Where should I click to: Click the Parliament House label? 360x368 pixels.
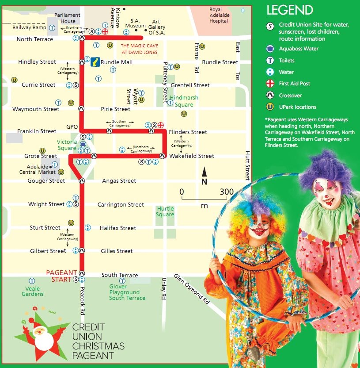pyautogui.click(x=68, y=18)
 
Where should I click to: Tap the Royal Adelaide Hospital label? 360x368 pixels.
pyautogui.click(x=221, y=15)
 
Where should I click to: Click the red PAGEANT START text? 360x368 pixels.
pyautogui.click(x=62, y=276)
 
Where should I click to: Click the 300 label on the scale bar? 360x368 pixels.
pyautogui.click(x=227, y=192)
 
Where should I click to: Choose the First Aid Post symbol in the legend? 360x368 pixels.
pyautogui.click(x=270, y=83)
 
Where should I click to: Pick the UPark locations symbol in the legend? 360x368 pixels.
pyautogui.click(x=270, y=107)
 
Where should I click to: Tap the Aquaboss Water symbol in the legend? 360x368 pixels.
pyautogui.click(x=270, y=49)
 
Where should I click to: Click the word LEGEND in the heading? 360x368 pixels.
pyautogui.click(x=289, y=10)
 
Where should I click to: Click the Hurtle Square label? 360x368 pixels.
pyautogui.click(x=165, y=211)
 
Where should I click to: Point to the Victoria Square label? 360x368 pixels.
pyautogui.click(x=67, y=145)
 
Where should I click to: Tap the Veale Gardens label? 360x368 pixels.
pyautogui.click(x=33, y=291)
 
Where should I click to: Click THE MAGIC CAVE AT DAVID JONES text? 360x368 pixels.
pyautogui.click(x=139, y=49)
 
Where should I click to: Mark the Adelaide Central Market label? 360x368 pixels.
pyautogui.click(x=41, y=169)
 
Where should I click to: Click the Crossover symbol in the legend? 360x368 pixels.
pyautogui.click(x=270, y=95)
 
